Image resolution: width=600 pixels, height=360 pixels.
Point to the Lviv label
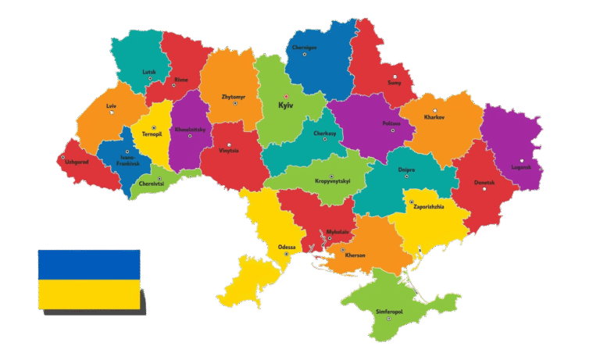click(111, 105)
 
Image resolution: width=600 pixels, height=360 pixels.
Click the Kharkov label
click(434, 117)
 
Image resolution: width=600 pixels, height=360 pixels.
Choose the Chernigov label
click(305, 47)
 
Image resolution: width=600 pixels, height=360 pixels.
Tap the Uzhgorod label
click(77, 162)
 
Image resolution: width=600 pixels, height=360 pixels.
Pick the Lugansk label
click(521, 166)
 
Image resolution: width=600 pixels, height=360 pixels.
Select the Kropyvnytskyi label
click(333, 181)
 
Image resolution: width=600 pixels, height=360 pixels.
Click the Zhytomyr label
click(234, 97)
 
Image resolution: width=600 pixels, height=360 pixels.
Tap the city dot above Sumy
click(395, 77)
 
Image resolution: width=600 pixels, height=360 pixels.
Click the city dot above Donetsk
click(484, 176)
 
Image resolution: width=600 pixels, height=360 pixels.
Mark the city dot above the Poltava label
click(392, 130)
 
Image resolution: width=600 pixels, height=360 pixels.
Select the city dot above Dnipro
click(406, 176)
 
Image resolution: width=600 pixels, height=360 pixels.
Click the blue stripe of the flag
click(89, 264)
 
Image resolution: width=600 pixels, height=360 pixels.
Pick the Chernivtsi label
click(151, 184)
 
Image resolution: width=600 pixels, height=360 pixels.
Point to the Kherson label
click(355, 255)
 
